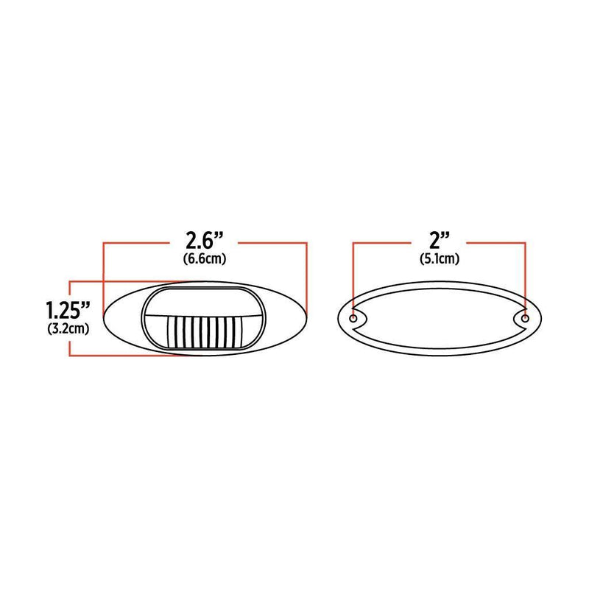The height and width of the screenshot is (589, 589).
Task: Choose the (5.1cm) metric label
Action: click(x=440, y=258)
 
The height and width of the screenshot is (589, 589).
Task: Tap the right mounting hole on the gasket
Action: click(x=525, y=319)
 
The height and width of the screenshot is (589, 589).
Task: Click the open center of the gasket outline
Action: click(x=440, y=318)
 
